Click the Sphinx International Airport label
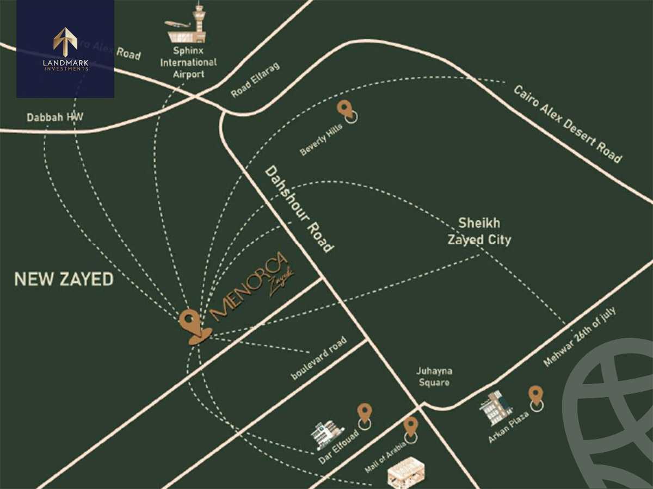click(188, 63)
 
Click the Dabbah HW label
click(55, 117)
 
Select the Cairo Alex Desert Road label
click(567, 123)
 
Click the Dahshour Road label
click(299, 209)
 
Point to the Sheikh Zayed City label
click(479, 231)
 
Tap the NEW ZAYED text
click(64, 280)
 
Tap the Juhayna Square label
click(434, 376)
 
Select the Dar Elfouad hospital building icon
click(328, 435)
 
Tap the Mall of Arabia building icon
click(406, 472)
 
